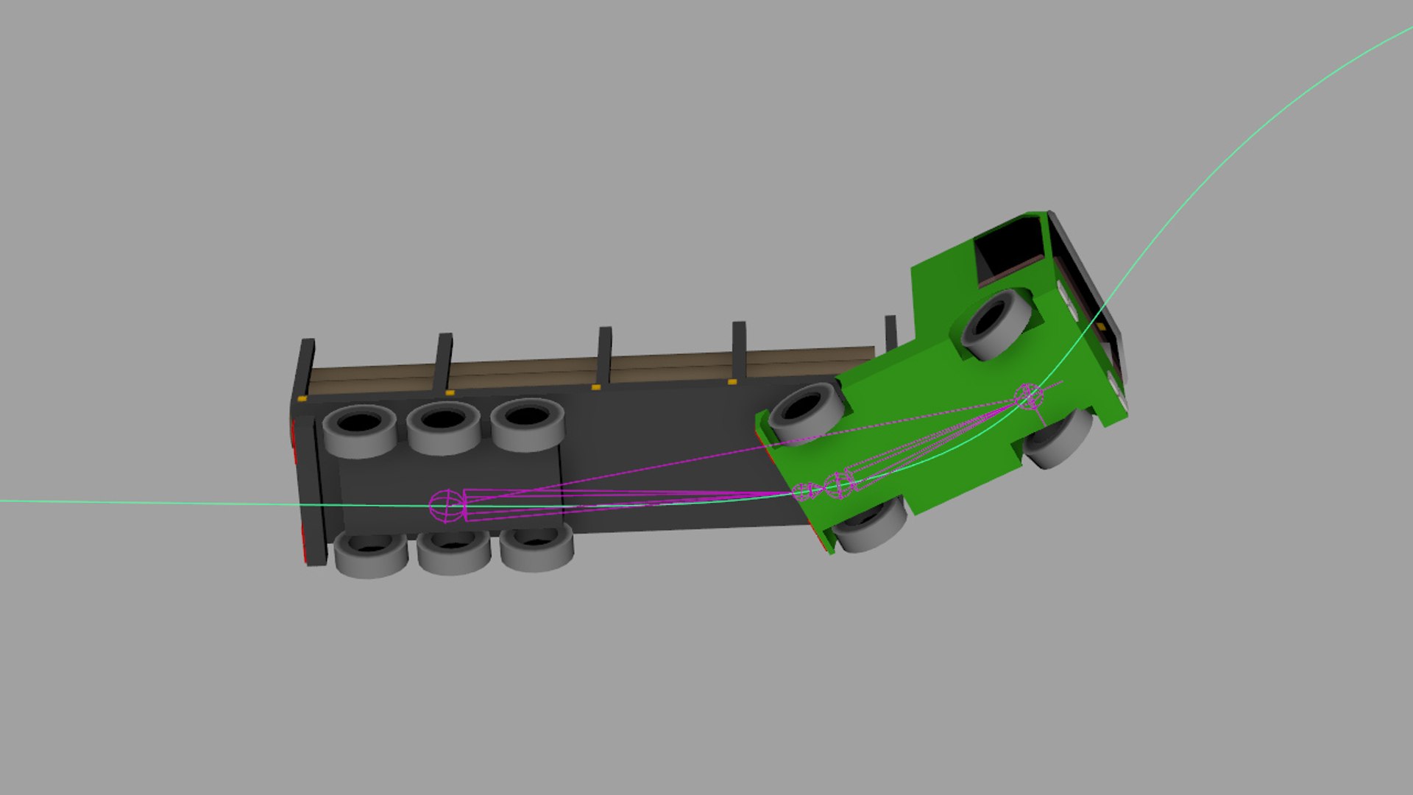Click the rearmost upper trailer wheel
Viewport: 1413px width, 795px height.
click(359, 431)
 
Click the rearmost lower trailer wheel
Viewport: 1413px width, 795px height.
click(371, 552)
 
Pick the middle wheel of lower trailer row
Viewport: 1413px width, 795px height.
click(453, 551)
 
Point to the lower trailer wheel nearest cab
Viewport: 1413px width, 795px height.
click(536, 547)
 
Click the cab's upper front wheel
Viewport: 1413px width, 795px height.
click(997, 324)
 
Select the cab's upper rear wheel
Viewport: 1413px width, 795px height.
click(805, 413)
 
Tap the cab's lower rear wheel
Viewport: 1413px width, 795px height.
click(870, 524)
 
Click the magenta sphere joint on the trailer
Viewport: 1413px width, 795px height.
click(447, 506)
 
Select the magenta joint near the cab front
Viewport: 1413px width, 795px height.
click(1028, 396)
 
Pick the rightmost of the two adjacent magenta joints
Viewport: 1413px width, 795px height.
click(839, 484)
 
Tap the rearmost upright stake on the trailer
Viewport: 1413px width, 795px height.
click(305, 368)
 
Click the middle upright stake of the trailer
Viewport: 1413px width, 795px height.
click(604, 355)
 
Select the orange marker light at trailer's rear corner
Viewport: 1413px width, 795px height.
click(302, 398)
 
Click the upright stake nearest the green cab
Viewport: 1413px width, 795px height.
click(890, 333)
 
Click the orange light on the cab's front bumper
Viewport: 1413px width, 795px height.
click(1100, 326)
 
